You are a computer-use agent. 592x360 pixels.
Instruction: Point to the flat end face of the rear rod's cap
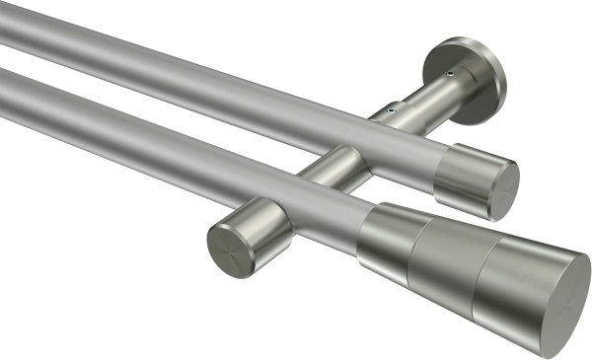pyautogui.click(x=504, y=189)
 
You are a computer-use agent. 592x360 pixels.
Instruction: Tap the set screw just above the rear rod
pyautogui.click(x=396, y=110)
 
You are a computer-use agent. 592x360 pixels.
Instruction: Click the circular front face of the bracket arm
pyautogui.click(x=228, y=250)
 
